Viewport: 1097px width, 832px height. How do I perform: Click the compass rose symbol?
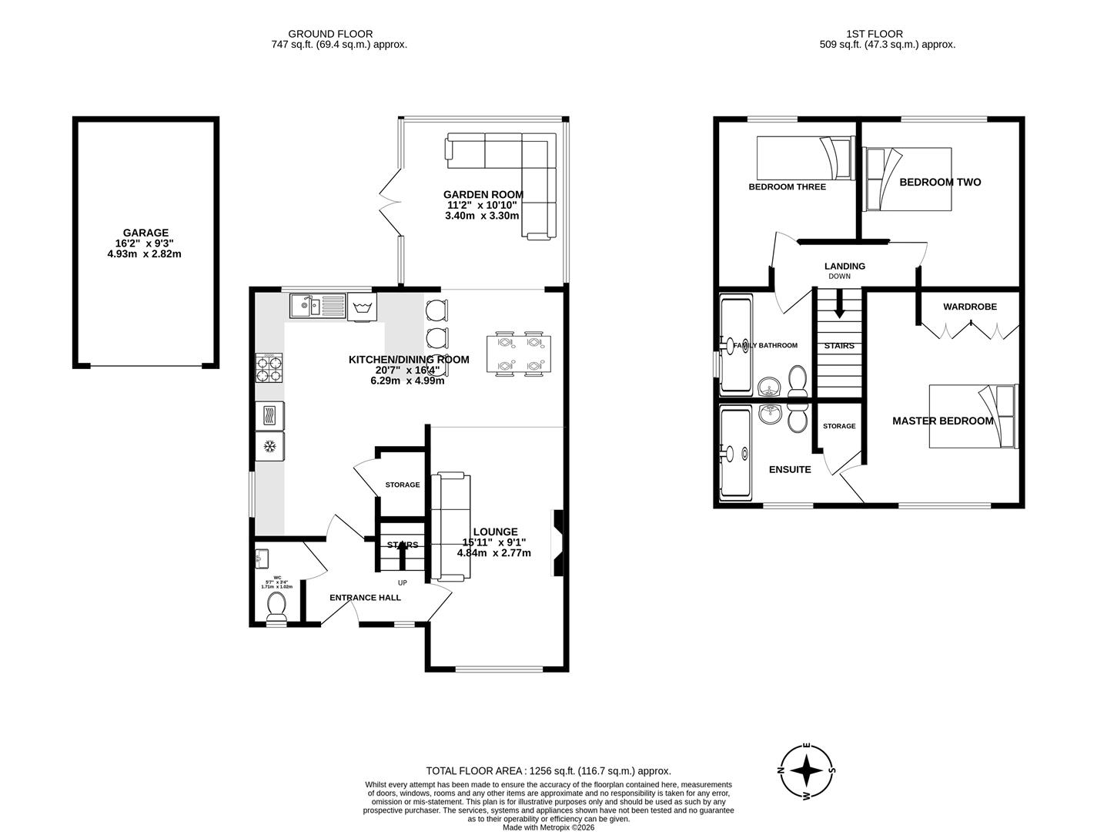click(x=806, y=771)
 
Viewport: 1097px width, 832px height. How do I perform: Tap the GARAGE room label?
click(x=145, y=233)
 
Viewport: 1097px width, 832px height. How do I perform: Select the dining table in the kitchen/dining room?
click(x=517, y=354)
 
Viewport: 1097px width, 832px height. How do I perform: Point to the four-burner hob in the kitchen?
click(x=269, y=368)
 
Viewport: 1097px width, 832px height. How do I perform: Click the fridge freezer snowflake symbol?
click(x=270, y=446)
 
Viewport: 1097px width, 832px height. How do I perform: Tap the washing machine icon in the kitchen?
click(x=360, y=308)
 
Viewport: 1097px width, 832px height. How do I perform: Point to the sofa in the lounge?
click(x=450, y=527)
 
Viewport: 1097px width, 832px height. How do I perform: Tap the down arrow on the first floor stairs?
click(x=839, y=305)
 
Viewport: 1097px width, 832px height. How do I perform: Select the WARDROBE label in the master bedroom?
click(x=970, y=307)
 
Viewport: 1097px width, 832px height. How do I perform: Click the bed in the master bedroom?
click(x=973, y=416)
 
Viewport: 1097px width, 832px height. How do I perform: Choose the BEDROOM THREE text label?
click(x=787, y=186)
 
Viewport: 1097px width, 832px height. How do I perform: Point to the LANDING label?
click(x=844, y=266)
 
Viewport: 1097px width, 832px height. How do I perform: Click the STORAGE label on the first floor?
click(x=838, y=426)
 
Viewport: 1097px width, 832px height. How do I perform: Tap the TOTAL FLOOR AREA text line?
click(x=548, y=770)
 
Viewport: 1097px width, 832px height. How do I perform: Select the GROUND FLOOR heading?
click(x=330, y=34)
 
